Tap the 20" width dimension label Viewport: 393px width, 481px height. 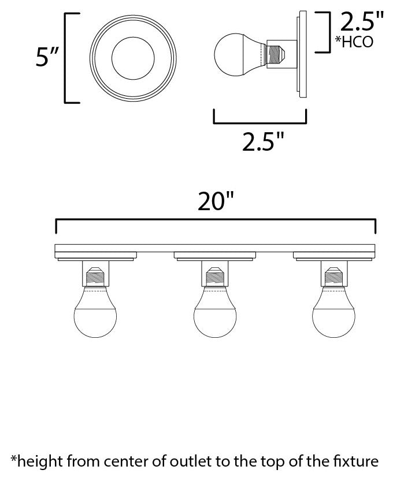(x=215, y=202)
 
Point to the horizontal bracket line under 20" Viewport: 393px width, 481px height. (x=215, y=220)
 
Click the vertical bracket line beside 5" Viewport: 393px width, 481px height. (x=64, y=57)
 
